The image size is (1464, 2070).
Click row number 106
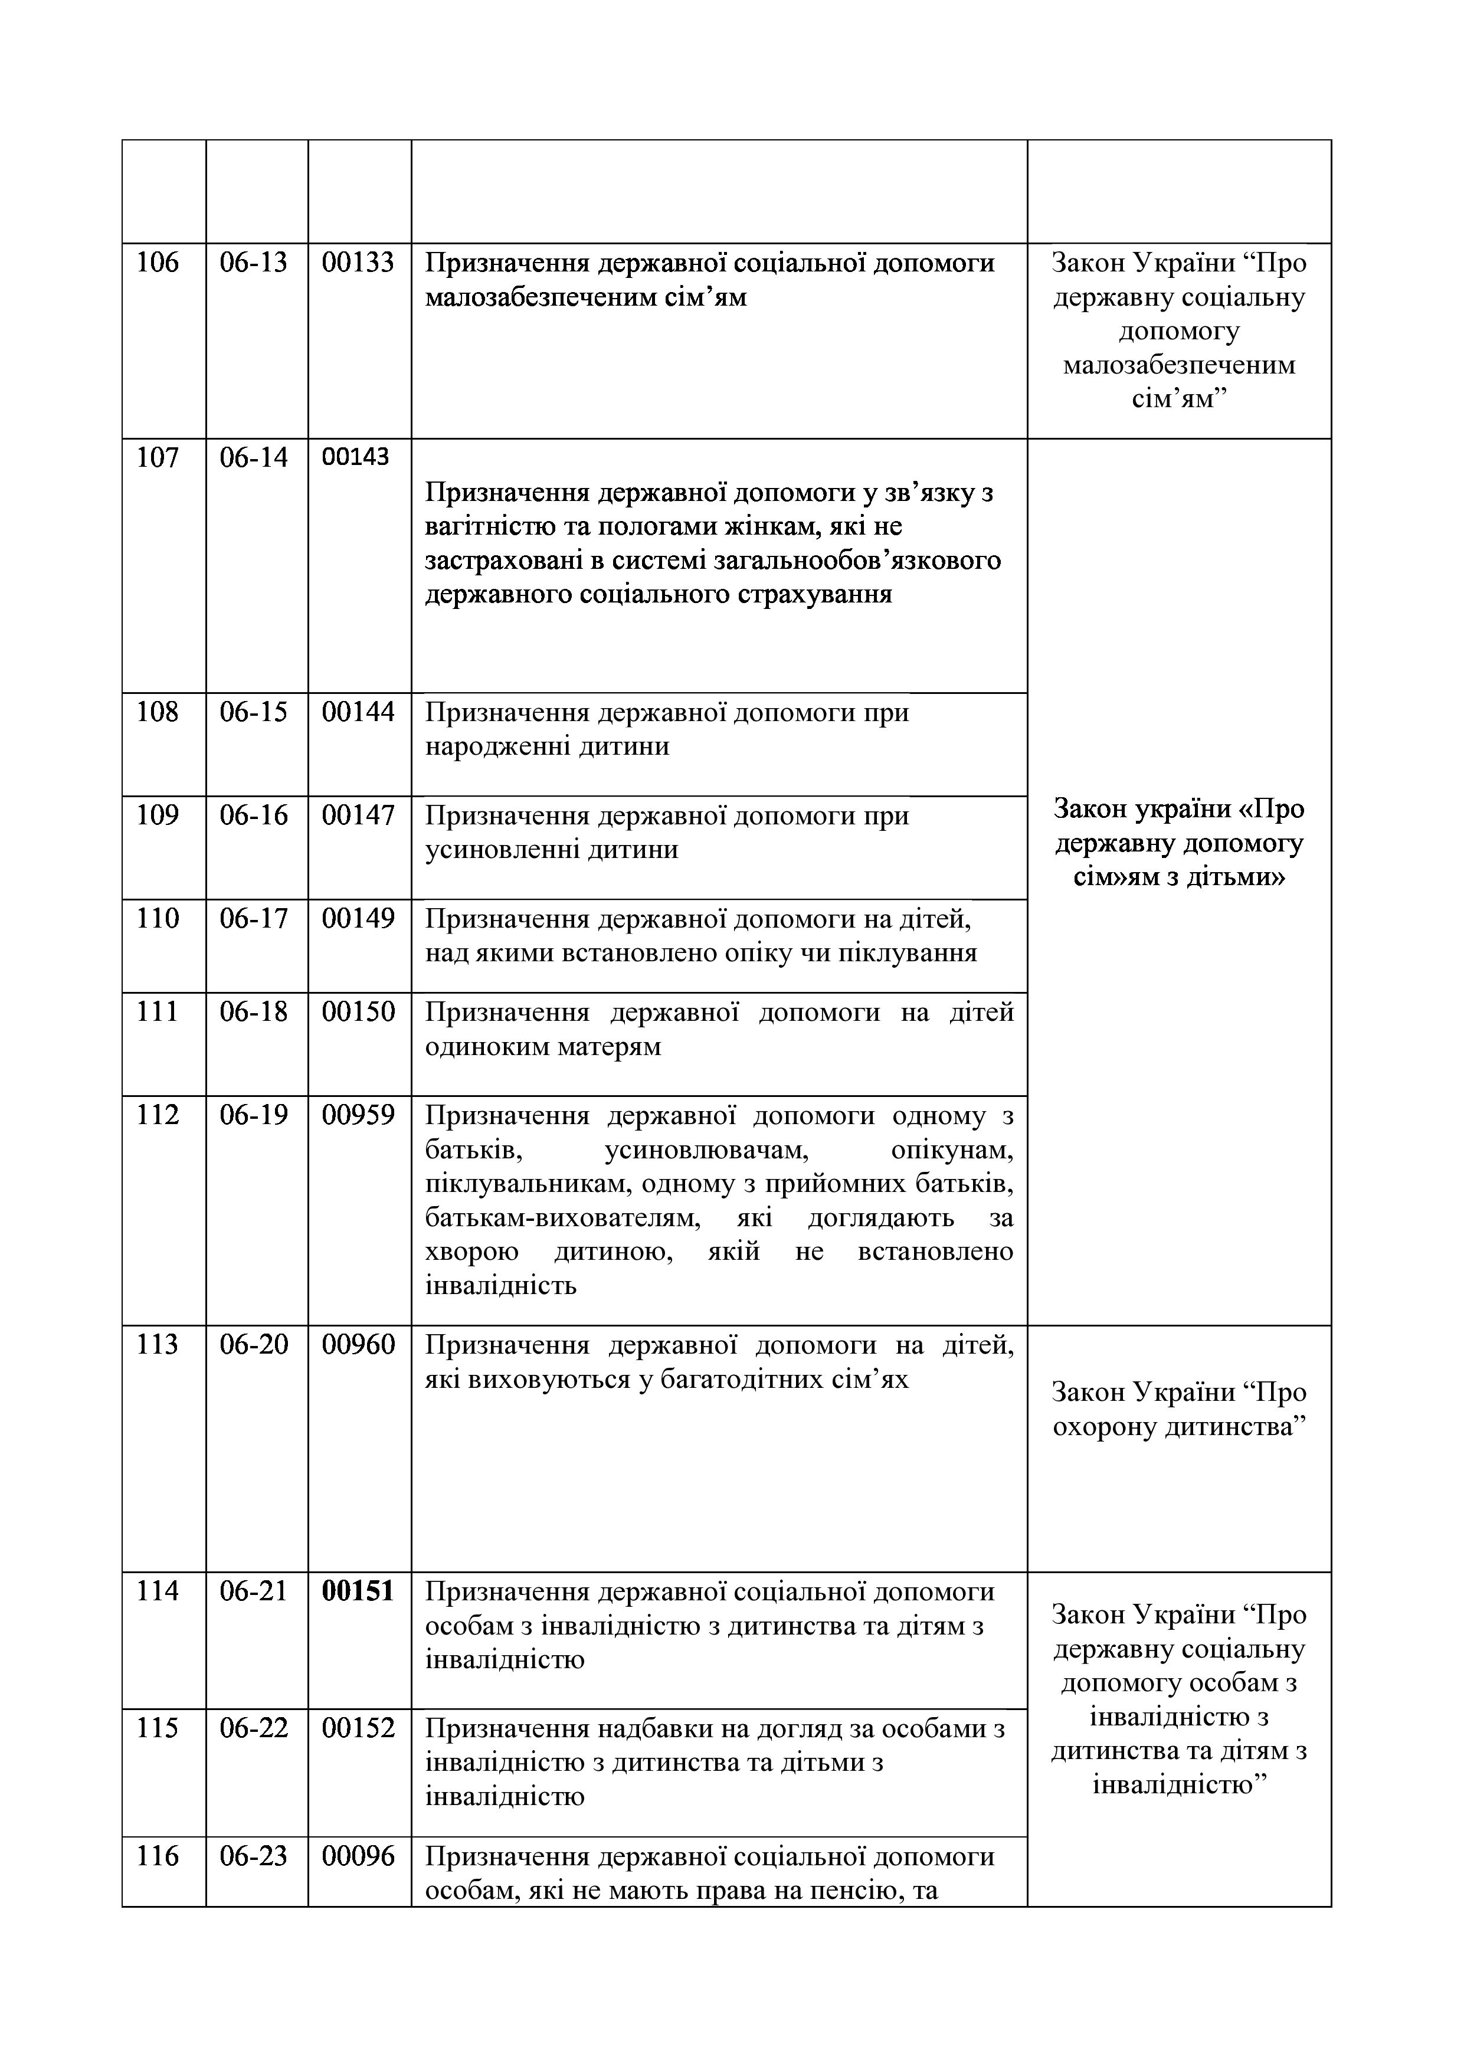tap(158, 263)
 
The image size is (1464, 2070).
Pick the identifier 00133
tap(358, 263)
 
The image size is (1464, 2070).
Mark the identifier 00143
tap(355, 457)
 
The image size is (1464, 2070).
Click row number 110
tap(158, 919)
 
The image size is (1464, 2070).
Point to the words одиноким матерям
tap(543, 1047)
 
